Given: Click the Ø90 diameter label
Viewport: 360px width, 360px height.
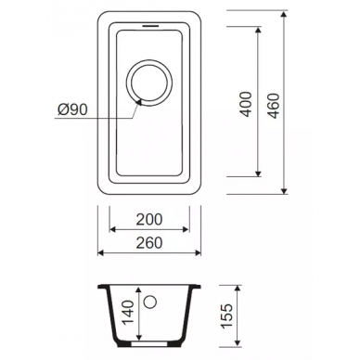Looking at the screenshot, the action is coord(72,109).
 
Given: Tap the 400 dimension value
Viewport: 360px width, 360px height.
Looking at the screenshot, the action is coord(247,104).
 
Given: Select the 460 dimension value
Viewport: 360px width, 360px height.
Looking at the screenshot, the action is coord(274,106).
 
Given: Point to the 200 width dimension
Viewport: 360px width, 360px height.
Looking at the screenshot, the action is coord(149,219).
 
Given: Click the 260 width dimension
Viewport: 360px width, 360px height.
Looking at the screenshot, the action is coord(149,242).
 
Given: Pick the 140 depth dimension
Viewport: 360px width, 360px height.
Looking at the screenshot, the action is coord(128,313).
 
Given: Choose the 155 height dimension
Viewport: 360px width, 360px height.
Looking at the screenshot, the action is coord(226,316).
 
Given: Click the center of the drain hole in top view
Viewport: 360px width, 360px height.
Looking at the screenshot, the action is coord(149,83).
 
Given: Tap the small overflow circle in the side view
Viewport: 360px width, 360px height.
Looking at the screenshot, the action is coord(150,302).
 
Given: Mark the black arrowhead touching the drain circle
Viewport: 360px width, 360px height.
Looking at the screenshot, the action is coord(138,102).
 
